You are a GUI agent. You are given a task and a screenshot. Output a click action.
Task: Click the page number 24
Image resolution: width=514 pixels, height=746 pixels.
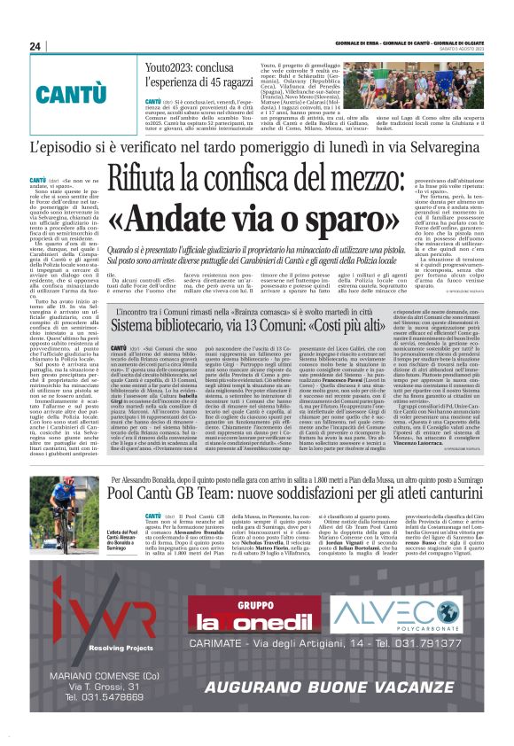pos(36,46)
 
